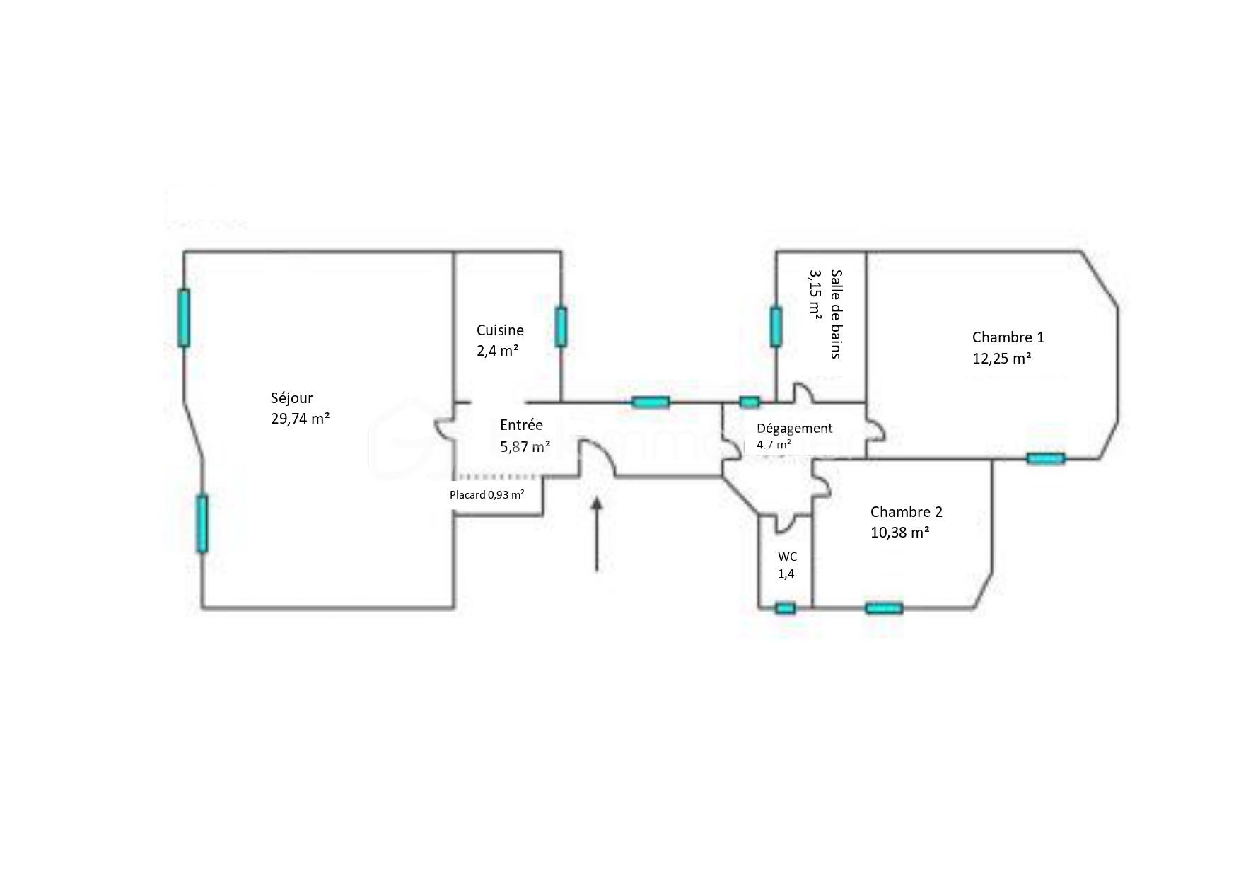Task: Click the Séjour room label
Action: (x=291, y=398)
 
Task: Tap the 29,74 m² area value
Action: (x=300, y=418)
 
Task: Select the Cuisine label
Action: (x=500, y=330)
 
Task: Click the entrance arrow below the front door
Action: (x=597, y=533)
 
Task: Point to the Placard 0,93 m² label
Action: (x=487, y=495)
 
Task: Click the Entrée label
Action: (x=521, y=425)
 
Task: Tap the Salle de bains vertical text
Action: (x=837, y=313)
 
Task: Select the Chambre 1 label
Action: (x=1008, y=337)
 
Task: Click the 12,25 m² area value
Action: (x=1001, y=359)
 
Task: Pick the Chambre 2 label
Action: (x=906, y=512)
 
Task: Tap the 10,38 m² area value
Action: (x=899, y=533)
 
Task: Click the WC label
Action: (x=787, y=557)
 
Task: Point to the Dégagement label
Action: (x=794, y=429)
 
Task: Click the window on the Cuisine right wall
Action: (x=561, y=327)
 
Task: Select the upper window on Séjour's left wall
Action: (x=184, y=318)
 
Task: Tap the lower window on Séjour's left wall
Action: (x=202, y=523)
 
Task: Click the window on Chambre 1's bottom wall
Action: (x=1045, y=459)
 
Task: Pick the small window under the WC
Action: (x=785, y=608)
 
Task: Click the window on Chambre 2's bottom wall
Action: (x=884, y=608)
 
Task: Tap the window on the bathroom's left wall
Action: (x=776, y=327)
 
